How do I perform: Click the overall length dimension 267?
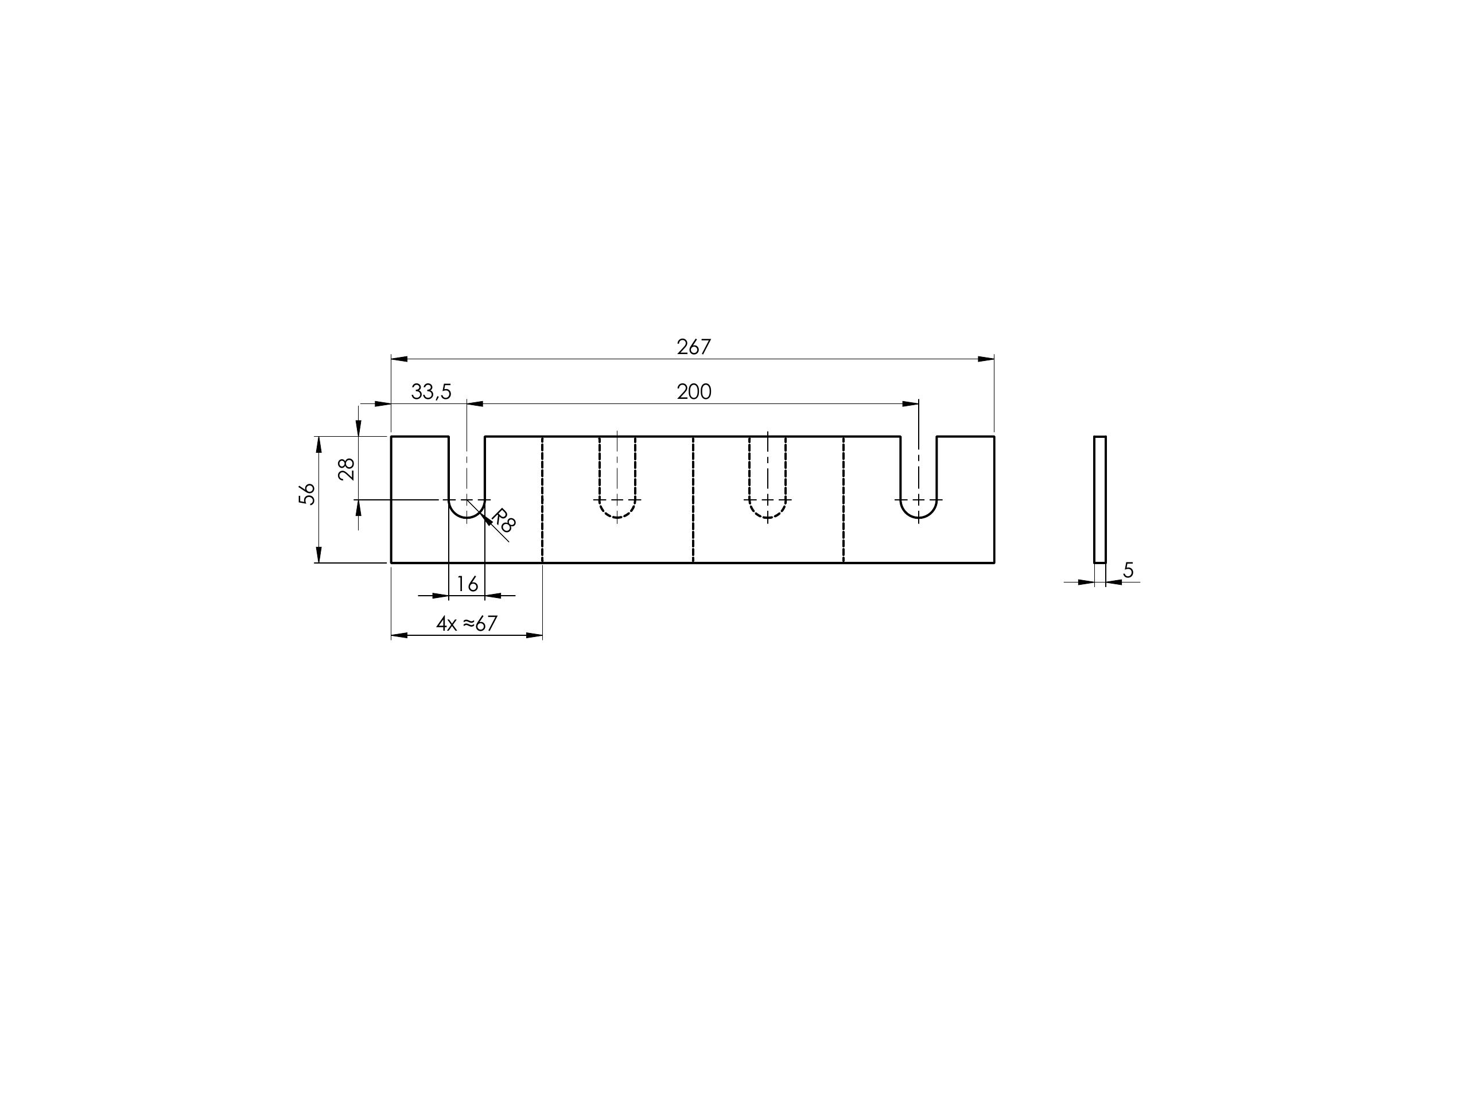point(693,347)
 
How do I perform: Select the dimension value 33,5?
point(431,393)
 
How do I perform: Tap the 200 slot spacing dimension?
point(694,392)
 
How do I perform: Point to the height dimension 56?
point(307,494)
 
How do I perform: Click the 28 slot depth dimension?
point(347,469)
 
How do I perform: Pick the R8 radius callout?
point(503,521)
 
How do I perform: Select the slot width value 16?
point(468,584)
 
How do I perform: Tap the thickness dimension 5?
point(1128,570)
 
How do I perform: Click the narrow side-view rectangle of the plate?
point(1100,499)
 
